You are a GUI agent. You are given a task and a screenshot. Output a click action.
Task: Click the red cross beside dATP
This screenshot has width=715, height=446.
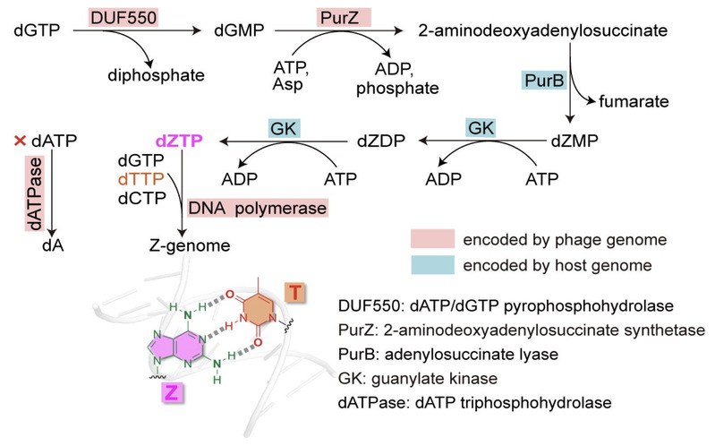point(19,141)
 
